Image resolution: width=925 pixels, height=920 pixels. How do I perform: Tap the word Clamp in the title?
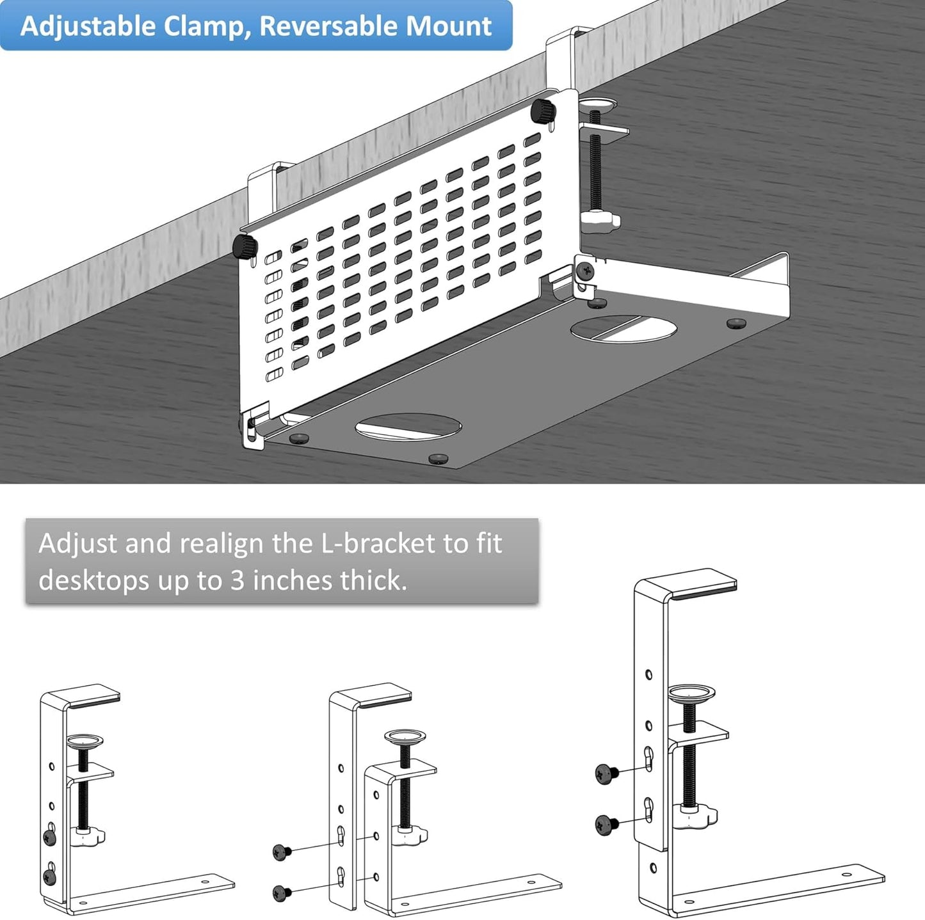(x=204, y=26)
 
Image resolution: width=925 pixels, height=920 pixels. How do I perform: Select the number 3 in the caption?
(x=237, y=581)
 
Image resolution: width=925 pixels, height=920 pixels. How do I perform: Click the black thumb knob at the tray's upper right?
(x=543, y=111)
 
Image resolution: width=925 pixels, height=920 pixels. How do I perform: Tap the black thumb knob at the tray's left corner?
(x=245, y=246)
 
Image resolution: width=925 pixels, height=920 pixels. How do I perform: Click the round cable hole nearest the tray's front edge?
(x=408, y=427)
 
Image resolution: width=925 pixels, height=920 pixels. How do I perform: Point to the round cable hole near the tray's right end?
(x=623, y=328)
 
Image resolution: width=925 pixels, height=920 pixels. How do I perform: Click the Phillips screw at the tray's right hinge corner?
(x=584, y=271)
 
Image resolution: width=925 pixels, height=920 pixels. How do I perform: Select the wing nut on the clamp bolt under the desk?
(x=600, y=220)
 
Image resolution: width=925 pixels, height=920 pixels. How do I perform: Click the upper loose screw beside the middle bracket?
(x=281, y=852)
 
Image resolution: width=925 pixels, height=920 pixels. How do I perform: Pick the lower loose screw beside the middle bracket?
(x=281, y=892)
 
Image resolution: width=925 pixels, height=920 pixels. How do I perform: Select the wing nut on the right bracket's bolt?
(x=699, y=816)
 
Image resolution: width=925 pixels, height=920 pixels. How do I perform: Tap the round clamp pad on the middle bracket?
(x=405, y=736)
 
